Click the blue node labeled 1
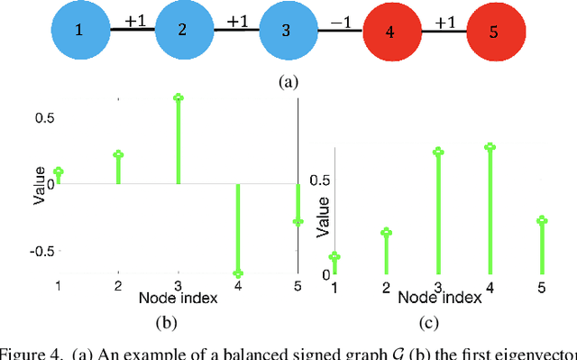(78, 30)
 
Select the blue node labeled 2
(182, 30)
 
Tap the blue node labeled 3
(286, 30)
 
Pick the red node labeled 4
(389, 30)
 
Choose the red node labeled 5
(493, 30)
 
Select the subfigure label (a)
(288, 81)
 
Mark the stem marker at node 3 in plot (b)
(179, 97)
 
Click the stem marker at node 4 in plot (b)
(238, 272)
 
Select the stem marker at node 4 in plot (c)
(490, 146)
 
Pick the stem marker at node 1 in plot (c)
(334, 257)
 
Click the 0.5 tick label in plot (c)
(319, 180)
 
